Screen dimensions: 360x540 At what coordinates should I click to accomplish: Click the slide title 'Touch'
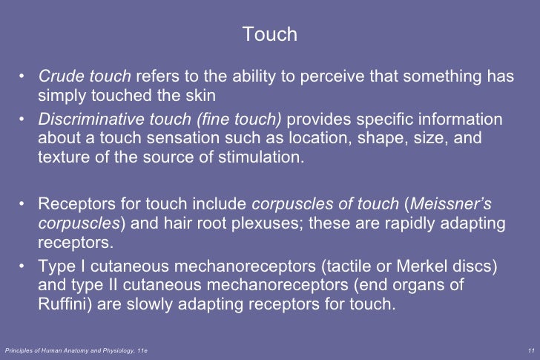pos(270,35)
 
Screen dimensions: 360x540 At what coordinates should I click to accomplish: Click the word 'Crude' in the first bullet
pos(59,77)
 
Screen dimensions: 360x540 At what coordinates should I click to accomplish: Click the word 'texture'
pos(62,157)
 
